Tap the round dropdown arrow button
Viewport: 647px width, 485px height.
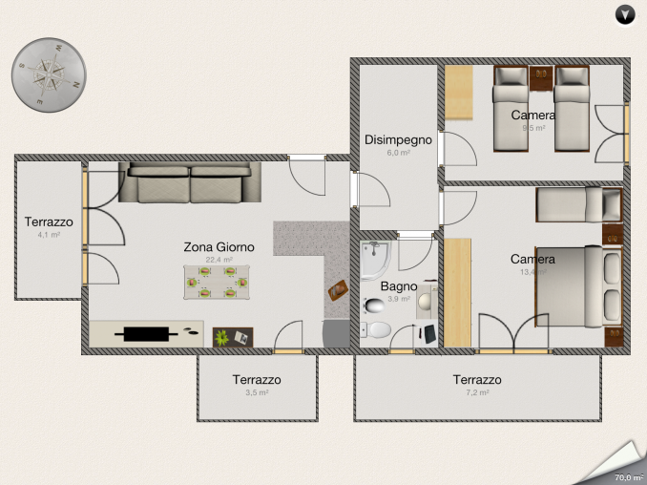coord(624,14)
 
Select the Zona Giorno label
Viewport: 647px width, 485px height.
coord(219,246)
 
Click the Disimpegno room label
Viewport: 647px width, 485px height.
coord(398,139)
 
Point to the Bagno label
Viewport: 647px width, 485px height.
coord(399,285)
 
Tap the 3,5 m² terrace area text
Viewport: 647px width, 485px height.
coord(257,392)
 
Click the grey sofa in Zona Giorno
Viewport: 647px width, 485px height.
coord(190,182)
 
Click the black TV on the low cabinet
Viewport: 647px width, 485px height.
coord(146,333)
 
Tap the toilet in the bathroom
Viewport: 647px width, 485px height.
coord(378,330)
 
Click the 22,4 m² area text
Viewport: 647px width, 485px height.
coord(219,259)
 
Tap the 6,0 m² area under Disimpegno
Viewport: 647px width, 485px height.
coord(398,153)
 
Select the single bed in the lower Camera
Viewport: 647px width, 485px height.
coord(577,203)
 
